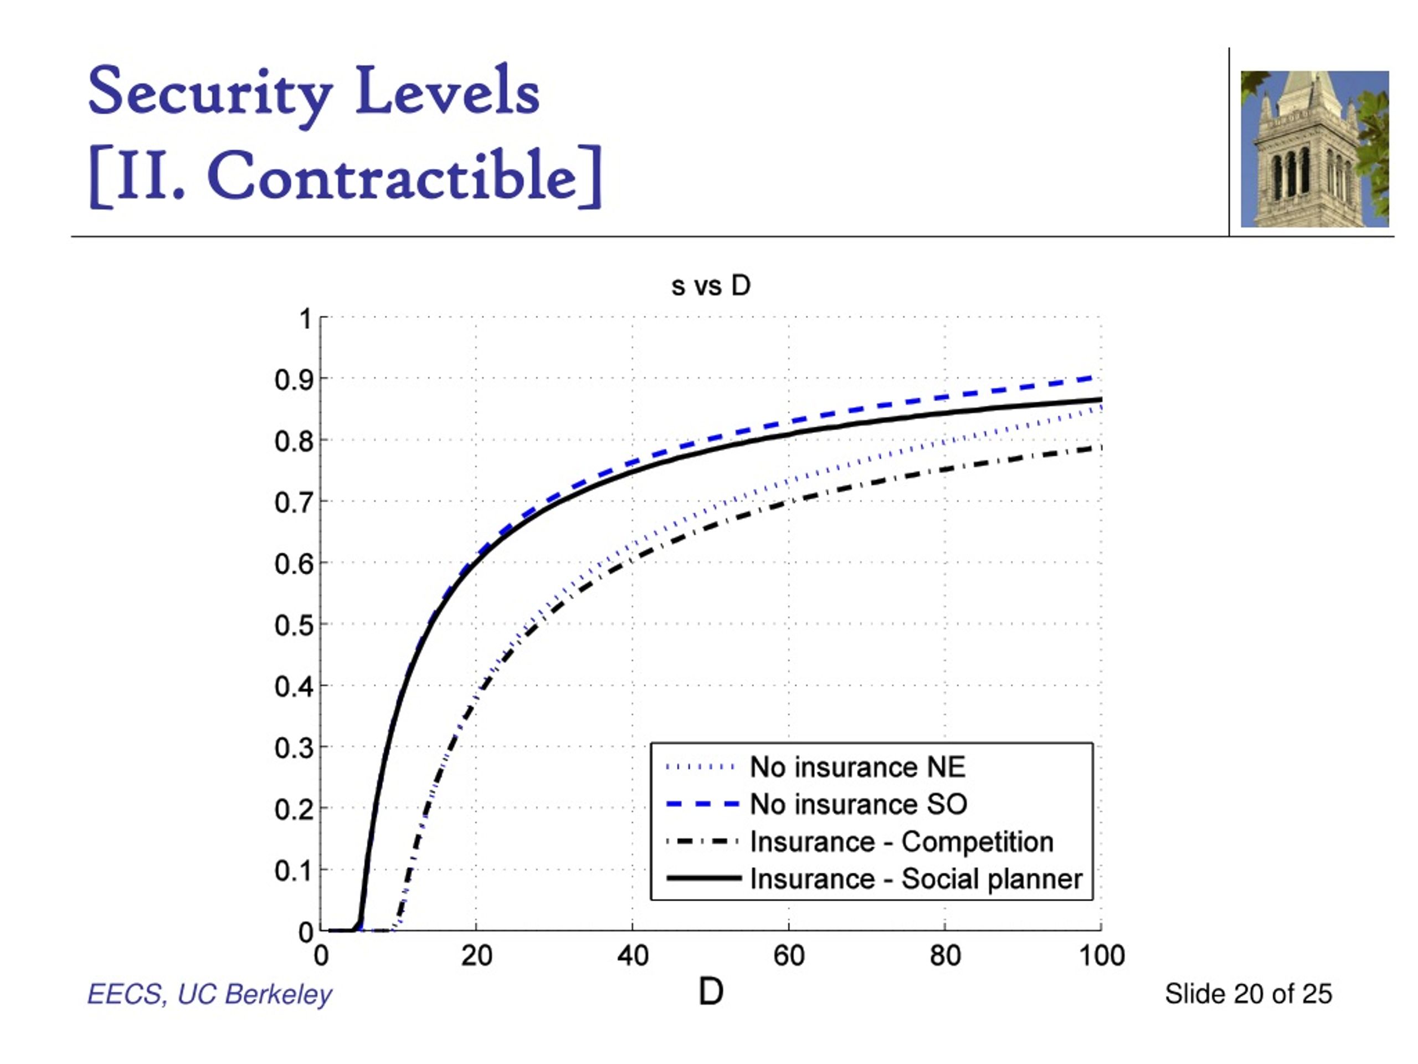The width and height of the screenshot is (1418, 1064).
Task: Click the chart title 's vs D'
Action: click(x=710, y=285)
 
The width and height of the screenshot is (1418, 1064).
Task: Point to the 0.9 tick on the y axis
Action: click(x=294, y=380)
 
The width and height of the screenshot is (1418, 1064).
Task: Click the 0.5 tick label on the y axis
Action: click(x=294, y=625)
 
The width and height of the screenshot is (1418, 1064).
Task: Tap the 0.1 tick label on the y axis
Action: click(x=294, y=871)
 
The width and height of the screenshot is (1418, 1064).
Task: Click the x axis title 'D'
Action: click(x=710, y=991)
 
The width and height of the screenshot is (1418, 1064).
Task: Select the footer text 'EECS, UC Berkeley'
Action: click(x=209, y=994)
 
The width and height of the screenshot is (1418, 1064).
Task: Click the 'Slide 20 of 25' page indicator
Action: click(x=1248, y=994)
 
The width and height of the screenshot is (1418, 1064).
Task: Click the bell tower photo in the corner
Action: click(x=1315, y=149)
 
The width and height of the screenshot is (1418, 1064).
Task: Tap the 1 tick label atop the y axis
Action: click(x=306, y=319)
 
